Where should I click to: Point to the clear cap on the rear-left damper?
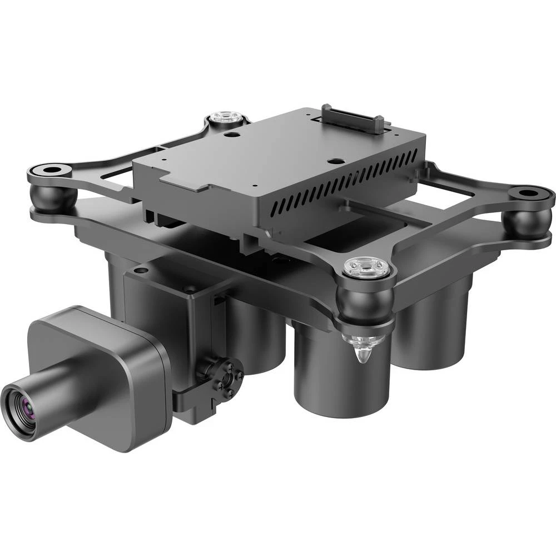(225, 117)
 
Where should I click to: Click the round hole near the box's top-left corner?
(229, 134)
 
